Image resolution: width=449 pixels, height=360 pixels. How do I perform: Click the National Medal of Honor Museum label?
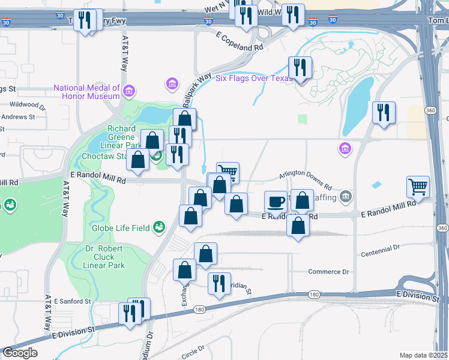pyautogui.click(x=86, y=92)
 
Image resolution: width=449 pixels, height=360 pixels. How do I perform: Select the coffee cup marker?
pyautogui.click(x=276, y=202)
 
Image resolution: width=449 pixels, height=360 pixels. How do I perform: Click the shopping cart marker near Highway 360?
pyautogui.click(x=418, y=186)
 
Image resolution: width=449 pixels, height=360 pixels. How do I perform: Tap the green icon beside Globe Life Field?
pyautogui.click(x=159, y=226)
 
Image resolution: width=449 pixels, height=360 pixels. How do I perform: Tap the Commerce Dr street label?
pyautogui.click(x=328, y=272)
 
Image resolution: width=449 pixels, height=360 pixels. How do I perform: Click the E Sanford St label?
pyautogui.click(x=71, y=301)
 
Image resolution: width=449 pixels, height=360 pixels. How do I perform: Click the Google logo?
pyautogui.click(x=19, y=353)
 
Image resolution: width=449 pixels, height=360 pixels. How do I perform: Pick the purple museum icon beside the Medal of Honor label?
pyautogui.click(x=129, y=92)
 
